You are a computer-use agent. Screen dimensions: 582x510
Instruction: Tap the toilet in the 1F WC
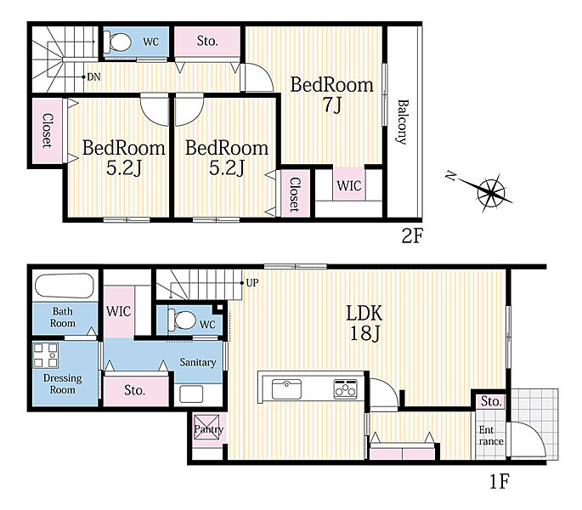(182, 320)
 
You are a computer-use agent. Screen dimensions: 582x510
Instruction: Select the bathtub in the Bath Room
(65, 286)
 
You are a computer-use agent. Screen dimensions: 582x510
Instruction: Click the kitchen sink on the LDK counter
(286, 389)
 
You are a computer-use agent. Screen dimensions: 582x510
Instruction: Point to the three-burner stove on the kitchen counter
(345, 389)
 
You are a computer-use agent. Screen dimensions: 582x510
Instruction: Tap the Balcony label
(402, 122)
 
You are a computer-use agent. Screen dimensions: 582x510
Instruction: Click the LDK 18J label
(364, 323)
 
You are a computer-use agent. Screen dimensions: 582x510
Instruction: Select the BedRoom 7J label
(331, 94)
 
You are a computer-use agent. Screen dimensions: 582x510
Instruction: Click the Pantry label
(209, 430)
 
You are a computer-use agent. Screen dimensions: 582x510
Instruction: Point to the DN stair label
(93, 77)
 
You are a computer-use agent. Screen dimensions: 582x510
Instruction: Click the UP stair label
(252, 283)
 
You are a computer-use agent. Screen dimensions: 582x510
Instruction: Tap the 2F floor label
(412, 235)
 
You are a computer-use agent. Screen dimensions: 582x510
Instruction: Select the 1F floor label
(500, 481)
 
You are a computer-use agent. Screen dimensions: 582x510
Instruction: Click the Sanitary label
(198, 362)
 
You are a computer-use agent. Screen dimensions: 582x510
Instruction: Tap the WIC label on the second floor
(349, 185)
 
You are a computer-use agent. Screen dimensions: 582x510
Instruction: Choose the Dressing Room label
(62, 383)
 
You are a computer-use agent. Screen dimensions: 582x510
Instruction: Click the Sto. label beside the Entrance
(491, 401)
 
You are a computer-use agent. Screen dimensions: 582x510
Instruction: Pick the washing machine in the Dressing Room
(46, 355)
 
